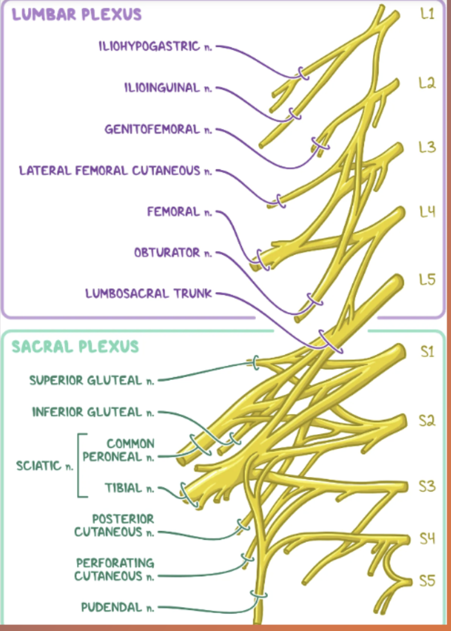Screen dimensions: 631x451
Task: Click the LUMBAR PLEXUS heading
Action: click(76, 15)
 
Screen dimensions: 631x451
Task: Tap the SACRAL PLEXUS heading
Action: click(75, 346)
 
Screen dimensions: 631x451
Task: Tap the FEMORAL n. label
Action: click(179, 212)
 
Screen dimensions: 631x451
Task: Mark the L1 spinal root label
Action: click(427, 15)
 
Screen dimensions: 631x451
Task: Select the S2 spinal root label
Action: click(428, 421)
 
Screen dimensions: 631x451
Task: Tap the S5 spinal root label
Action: click(428, 581)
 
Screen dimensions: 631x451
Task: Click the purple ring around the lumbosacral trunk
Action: click(331, 341)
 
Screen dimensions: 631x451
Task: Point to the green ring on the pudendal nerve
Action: click(259, 596)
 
